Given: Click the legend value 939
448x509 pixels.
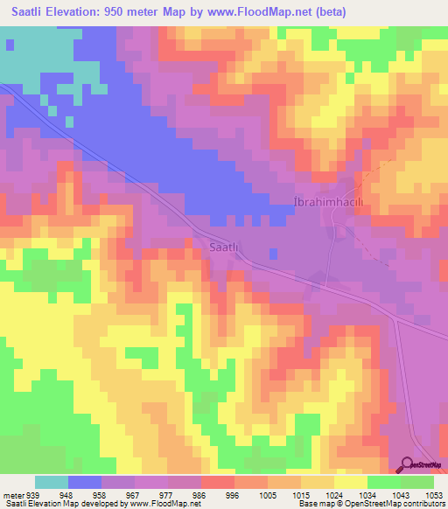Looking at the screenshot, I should [33, 493].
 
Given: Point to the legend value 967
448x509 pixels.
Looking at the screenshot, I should [135, 493].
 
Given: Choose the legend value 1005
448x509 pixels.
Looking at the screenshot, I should [268, 493].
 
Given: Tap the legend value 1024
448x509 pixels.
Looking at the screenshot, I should [334, 493].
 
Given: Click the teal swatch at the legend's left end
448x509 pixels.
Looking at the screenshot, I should [51, 481].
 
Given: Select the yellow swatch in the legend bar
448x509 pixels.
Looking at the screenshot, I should [350, 481].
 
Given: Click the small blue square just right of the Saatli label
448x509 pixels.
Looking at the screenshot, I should [273, 254].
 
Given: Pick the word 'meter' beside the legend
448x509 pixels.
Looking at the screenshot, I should [12, 493].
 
